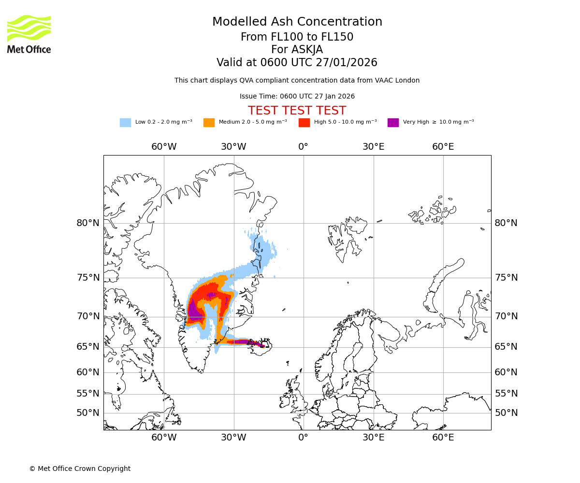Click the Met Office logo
pyautogui.click(x=29, y=34)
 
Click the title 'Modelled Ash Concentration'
pyautogui.click(x=297, y=22)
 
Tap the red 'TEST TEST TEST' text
pyautogui.click(x=297, y=111)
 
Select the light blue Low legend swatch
pyautogui.click(x=125, y=123)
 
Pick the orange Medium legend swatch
pyautogui.click(x=209, y=123)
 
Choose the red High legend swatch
pyautogui.click(x=304, y=123)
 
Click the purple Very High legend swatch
pyautogui.click(x=393, y=123)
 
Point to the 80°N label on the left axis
pyautogui.click(x=88, y=223)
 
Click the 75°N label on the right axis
pyautogui.click(x=506, y=278)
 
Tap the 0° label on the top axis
pyautogui.click(x=303, y=147)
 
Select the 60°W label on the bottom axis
pyautogui.click(x=164, y=438)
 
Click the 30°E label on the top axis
pyautogui.click(x=374, y=147)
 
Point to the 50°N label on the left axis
pyautogui.click(x=88, y=413)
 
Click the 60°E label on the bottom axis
pyautogui.click(x=443, y=438)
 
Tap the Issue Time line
pyautogui.click(x=297, y=97)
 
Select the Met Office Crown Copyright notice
pyautogui.click(x=80, y=469)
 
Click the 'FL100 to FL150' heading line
pyautogui.click(x=297, y=37)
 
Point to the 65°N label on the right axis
pyautogui.click(x=506, y=347)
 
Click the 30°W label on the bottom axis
pyautogui.click(x=233, y=438)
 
